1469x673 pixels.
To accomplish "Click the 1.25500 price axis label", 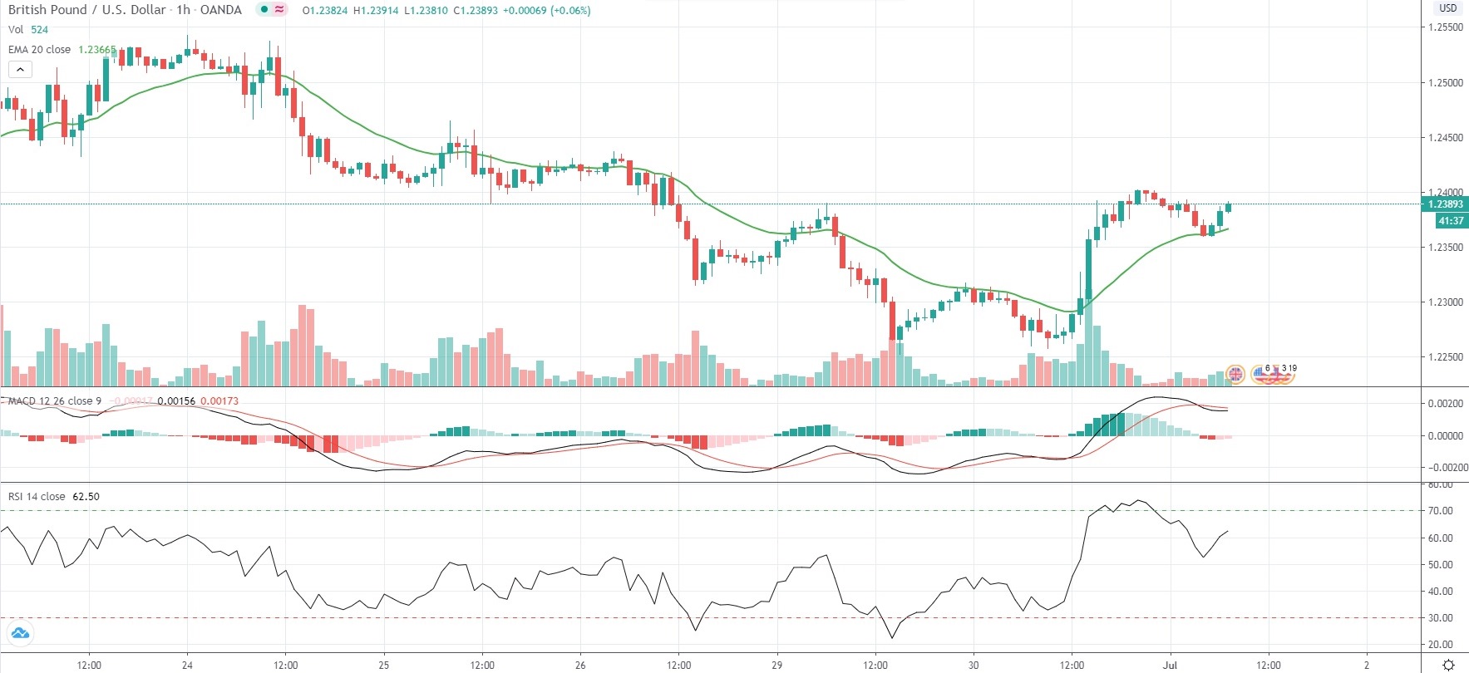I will click(1446, 27).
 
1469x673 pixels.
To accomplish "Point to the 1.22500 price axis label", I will click(1446, 357).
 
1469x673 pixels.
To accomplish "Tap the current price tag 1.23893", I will click(1446, 204).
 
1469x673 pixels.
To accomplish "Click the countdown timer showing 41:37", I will click(1451, 221).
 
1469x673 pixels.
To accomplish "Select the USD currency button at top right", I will click(1448, 8).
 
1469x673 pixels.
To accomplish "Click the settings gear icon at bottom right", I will click(1448, 665).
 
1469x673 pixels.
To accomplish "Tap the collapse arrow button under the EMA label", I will click(20, 70).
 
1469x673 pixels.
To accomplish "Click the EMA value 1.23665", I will click(96, 50).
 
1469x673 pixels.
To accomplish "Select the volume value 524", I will click(39, 30).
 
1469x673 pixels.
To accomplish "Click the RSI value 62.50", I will click(86, 497).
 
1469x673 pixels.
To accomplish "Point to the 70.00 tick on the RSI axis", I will click(1441, 511).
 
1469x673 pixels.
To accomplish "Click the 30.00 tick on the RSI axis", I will click(1441, 618).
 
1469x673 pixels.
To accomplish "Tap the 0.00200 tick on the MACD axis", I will click(1446, 404).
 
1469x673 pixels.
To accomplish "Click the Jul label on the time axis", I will click(1170, 665).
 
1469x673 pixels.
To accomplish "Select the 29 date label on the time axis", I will click(776, 665).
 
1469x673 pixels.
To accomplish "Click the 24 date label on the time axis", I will click(187, 665).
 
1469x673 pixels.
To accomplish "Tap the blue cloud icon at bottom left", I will click(19, 634).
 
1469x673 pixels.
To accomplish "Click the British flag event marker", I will click(1235, 375).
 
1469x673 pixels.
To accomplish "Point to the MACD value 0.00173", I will click(219, 401).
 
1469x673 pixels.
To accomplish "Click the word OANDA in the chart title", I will click(221, 10).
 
